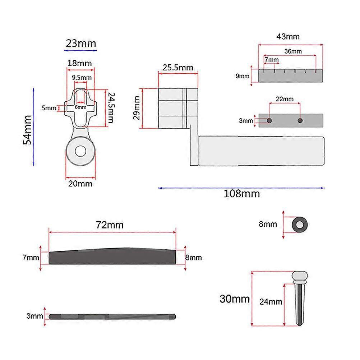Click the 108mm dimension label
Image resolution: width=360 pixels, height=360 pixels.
242,194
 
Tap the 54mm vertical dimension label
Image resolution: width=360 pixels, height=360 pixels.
27,130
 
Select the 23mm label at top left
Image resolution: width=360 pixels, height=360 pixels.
81,43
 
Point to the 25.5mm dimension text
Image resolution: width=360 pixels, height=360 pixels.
178,68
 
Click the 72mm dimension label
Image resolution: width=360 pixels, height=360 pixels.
110,225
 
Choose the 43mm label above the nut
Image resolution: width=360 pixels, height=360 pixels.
288,37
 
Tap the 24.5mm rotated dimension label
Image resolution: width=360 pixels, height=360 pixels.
111,107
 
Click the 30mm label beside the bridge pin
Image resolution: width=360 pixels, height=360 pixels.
234,299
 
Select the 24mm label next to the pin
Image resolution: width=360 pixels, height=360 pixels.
271,302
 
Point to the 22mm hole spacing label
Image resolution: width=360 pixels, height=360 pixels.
285,99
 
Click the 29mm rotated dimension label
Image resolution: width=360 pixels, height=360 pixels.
137,108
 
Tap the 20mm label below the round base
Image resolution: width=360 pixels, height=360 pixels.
80,184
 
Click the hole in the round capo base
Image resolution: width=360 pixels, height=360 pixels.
80,151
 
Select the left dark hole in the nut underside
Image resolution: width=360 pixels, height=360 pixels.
269,120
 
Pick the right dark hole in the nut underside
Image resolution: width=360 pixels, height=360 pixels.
300,120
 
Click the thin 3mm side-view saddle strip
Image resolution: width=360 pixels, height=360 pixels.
112,317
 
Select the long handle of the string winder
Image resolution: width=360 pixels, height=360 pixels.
262,151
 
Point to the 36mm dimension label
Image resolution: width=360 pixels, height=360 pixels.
293,51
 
